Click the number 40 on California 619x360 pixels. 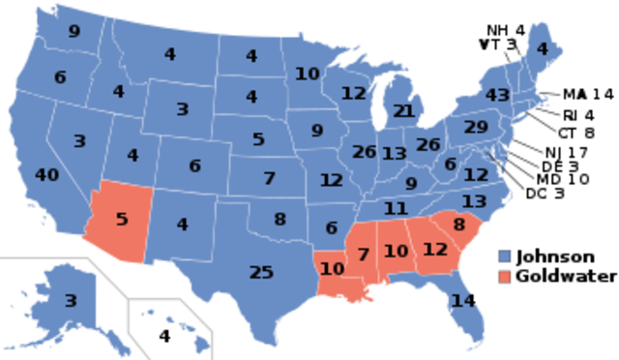(46, 175)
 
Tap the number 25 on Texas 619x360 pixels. (261, 273)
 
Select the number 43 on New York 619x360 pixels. (497, 96)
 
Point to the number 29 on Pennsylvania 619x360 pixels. (476, 127)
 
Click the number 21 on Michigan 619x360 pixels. (404, 111)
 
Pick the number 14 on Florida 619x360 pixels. (464, 301)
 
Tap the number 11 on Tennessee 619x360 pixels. (395, 208)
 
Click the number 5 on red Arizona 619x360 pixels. (122, 219)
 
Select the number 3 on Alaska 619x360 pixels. (70, 301)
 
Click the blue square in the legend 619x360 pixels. (504, 256)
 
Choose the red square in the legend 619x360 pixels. (504, 278)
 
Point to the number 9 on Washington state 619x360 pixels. (74, 32)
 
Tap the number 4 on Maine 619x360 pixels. (542, 49)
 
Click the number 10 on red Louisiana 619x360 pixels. (332, 268)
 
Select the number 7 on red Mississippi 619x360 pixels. (363, 255)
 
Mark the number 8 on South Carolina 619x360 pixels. (458, 225)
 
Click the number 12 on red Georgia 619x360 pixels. (435, 250)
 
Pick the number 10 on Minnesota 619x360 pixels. (308, 74)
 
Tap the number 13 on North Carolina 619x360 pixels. (474, 201)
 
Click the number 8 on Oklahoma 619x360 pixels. (280, 219)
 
